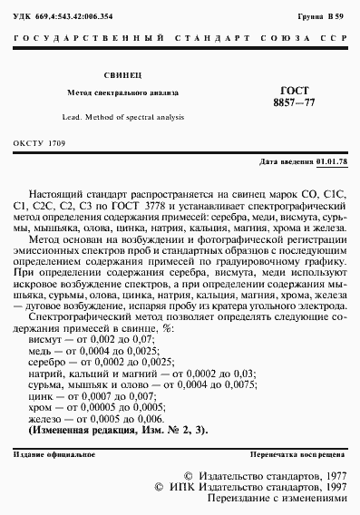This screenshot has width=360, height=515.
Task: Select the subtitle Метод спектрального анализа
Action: [x=123, y=93]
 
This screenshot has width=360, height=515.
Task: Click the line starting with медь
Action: [x=83, y=348]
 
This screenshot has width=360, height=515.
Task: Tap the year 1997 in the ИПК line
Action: [x=330, y=487]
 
